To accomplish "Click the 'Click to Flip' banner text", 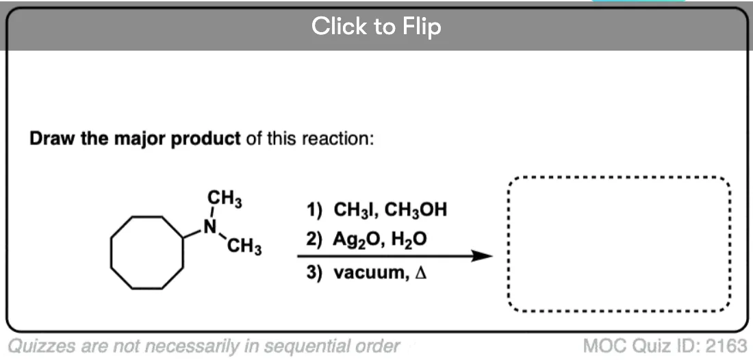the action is click(x=376, y=26).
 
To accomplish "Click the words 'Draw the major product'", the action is click(x=135, y=139).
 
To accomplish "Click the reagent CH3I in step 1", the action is click(x=353, y=210).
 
